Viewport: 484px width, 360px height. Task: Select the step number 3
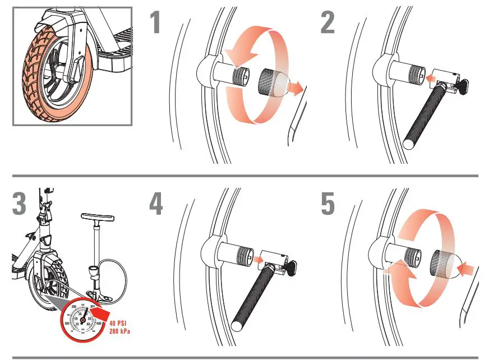point(19,204)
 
